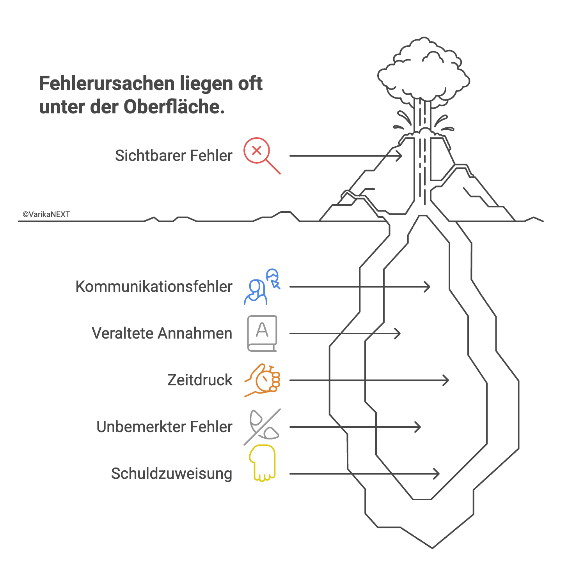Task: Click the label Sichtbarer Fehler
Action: (174, 156)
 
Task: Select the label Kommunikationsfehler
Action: (154, 287)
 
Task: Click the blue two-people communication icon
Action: (261, 288)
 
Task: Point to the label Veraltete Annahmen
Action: (162, 334)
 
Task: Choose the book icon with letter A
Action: (262, 334)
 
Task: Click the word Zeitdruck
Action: (200, 380)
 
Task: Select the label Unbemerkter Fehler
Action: (164, 427)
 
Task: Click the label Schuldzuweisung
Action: (172, 474)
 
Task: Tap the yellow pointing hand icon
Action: (263, 463)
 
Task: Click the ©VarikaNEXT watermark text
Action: (46, 214)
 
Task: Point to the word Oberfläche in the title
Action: (174, 107)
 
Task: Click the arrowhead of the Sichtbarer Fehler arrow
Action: (400, 156)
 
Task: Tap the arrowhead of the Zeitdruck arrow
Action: (447, 380)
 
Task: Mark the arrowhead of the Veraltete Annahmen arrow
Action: (398, 334)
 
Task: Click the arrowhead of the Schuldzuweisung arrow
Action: (437, 474)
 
